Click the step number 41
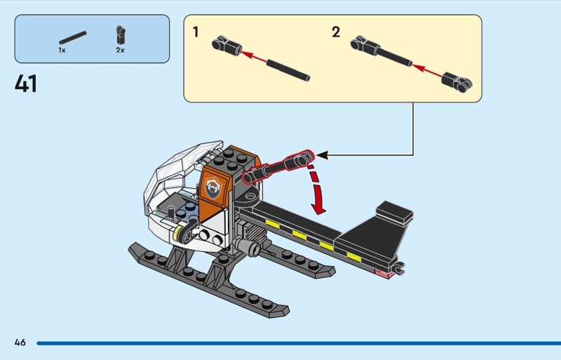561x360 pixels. click(x=26, y=84)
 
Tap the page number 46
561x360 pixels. click(x=20, y=342)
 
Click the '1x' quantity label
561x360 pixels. click(x=62, y=51)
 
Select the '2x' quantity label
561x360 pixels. click(x=121, y=51)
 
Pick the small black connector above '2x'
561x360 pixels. click(x=121, y=34)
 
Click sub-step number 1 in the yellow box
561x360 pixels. click(x=196, y=32)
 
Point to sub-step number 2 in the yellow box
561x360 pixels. click(x=336, y=32)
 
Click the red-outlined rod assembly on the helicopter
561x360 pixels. click(x=277, y=166)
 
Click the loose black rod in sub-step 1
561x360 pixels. click(x=287, y=68)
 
